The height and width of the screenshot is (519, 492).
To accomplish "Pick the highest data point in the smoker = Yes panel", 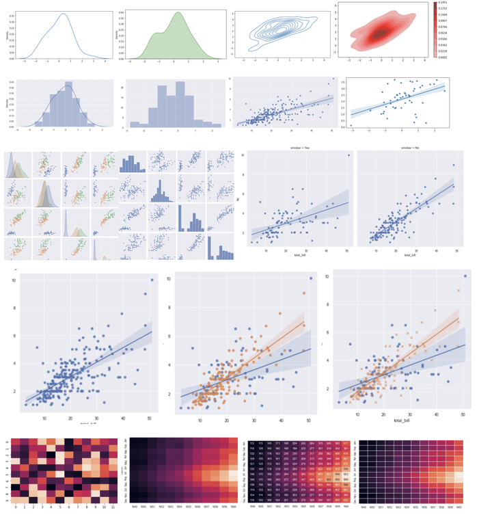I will tap(348, 155).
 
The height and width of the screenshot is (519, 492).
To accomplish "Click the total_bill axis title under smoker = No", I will tap(409, 256).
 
